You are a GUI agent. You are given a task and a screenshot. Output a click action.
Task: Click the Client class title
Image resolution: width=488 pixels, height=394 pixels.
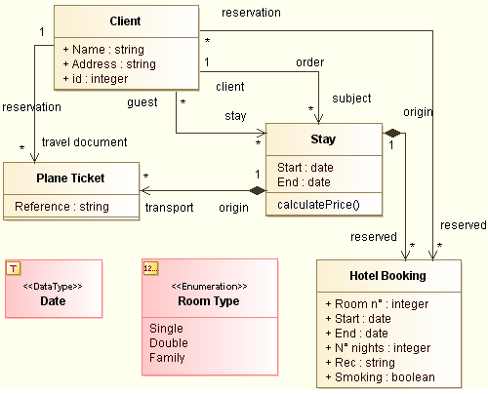[125, 21]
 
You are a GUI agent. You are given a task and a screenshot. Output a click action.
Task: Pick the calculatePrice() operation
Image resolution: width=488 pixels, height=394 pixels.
[318, 204]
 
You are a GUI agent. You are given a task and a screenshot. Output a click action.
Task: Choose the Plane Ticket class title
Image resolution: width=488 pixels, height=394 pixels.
[70, 177]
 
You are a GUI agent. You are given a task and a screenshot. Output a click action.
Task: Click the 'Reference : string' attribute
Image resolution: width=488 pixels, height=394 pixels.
[61, 206]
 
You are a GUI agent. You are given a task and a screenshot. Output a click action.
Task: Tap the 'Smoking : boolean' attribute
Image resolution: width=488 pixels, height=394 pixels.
[380, 376]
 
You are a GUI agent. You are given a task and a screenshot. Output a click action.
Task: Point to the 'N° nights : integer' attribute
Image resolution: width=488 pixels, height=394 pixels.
[377, 347]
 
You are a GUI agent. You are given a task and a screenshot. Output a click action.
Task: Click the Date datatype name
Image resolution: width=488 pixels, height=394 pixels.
[53, 301]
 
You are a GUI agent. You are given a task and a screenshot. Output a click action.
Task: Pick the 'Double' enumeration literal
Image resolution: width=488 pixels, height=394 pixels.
[169, 342]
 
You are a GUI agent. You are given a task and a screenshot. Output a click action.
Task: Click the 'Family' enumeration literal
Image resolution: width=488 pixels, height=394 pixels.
[167, 357]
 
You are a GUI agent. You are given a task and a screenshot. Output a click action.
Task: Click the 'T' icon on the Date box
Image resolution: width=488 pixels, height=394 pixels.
[14, 267]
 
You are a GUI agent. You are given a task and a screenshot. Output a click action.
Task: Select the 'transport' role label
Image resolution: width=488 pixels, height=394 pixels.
[170, 207]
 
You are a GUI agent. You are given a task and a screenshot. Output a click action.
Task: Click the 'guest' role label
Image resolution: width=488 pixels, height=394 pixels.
[142, 101]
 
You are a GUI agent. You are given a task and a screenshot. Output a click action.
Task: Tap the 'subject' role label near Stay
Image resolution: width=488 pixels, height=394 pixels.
[351, 98]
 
